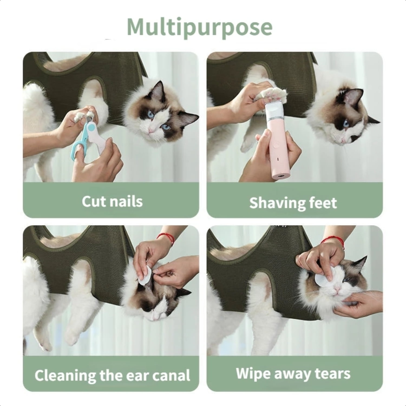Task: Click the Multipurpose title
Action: point(199,27)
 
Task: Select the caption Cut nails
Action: point(112,202)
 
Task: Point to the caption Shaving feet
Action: point(293,203)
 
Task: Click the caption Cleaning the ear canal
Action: point(112,375)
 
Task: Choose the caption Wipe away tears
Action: point(293,374)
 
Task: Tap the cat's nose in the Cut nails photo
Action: point(150,131)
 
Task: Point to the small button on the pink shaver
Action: point(275,145)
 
